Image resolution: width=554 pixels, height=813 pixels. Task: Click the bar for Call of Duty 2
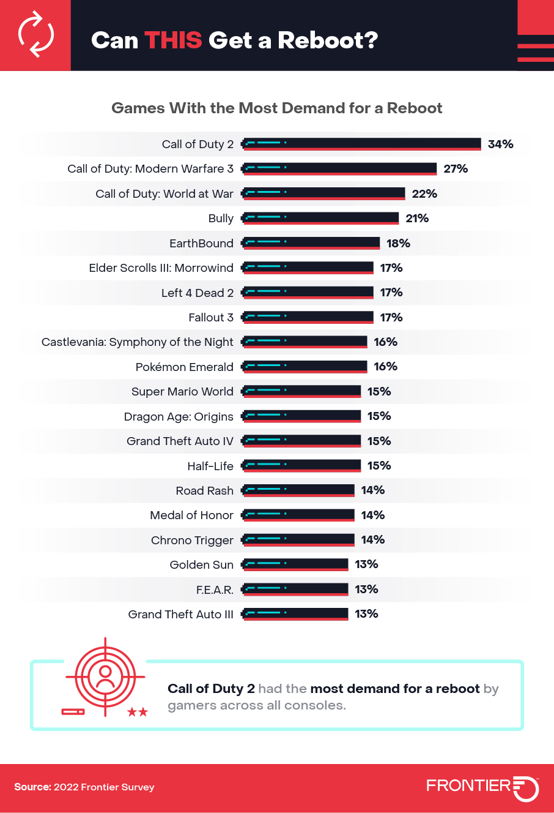coord(362,144)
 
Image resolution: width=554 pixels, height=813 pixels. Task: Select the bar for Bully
coord(320,218)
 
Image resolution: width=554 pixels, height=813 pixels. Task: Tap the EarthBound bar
coord(311,243)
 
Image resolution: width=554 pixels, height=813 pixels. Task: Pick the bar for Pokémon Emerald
coord(305,367)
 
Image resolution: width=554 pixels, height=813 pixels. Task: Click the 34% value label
coord(500,144)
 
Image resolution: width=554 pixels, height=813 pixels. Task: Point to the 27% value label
coord(456,169)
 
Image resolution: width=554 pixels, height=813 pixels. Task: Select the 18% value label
coord(398,243)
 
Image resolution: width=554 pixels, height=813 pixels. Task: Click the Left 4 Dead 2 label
coord(197,293)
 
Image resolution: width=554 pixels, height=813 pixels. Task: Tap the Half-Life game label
coord(210,466)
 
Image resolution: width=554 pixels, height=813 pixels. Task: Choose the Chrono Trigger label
coord(192,540)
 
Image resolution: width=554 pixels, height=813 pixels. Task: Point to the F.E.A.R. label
coord(214,590)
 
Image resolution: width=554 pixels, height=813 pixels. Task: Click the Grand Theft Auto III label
coord(180,614)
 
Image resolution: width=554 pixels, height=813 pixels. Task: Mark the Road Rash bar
coord(298,490)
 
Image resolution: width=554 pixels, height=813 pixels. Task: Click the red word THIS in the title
coord(173,40)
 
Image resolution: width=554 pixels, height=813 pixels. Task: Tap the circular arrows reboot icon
coord(35,36)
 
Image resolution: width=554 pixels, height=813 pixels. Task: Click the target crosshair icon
coord(105,676)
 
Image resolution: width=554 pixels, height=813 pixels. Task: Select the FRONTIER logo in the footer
coord(482,787)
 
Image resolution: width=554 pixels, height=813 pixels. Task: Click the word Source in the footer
coord(32,787)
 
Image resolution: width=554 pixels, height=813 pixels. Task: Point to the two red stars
coord(137,712)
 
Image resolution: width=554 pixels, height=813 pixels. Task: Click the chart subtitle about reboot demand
coord(276,108)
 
